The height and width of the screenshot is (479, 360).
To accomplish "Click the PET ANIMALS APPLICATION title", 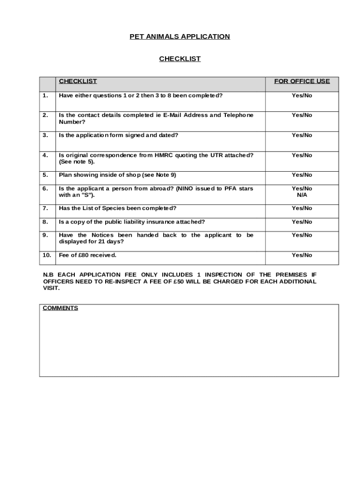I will [180, 36].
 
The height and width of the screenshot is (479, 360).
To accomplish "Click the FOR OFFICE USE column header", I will [302, 81].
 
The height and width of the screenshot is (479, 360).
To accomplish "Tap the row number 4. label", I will [45, 155].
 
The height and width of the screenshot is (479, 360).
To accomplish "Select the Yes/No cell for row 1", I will [302, 95].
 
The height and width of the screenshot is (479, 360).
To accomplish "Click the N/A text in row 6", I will [302, 195].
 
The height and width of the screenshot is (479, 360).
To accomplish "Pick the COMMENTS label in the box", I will [60, 308].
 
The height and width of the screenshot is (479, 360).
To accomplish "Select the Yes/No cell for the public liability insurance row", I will [302, 222].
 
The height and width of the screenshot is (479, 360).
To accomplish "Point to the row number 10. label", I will [46, 255].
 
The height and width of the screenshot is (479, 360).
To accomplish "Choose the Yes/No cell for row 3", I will [302, 135].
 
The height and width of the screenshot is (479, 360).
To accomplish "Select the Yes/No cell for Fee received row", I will [302, 255].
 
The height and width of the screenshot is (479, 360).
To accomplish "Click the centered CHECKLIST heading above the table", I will [180, 59].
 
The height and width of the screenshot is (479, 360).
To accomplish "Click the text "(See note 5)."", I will [77, 162].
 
